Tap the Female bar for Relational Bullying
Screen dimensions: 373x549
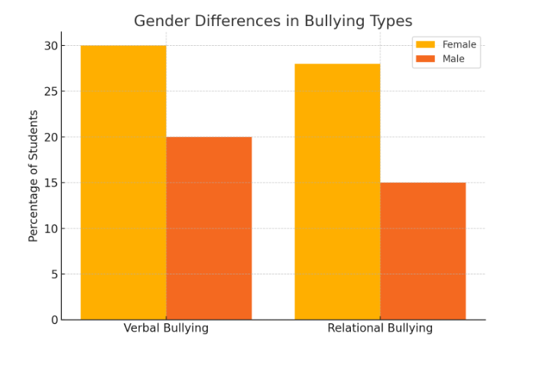click(337, 191)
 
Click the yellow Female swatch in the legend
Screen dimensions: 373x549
click(425, 44)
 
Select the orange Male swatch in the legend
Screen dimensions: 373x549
click(425, 59)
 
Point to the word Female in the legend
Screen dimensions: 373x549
click(459, 44)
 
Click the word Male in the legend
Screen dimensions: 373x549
click(453, 59)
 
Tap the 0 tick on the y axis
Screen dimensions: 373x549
click(54, 319)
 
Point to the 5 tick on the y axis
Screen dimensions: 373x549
click(54, 274)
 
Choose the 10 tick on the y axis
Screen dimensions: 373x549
click(51, 229)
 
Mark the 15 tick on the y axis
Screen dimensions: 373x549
click(51, 183)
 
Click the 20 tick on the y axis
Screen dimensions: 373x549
click(51, 137)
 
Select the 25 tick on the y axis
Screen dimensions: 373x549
click(51, 92)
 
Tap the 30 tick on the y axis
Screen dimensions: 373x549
click(51, 46)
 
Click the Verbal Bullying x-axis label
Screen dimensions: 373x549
click(166, 329)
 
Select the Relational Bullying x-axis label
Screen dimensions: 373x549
click(380, 329)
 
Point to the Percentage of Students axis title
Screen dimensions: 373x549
click(34, 176)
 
